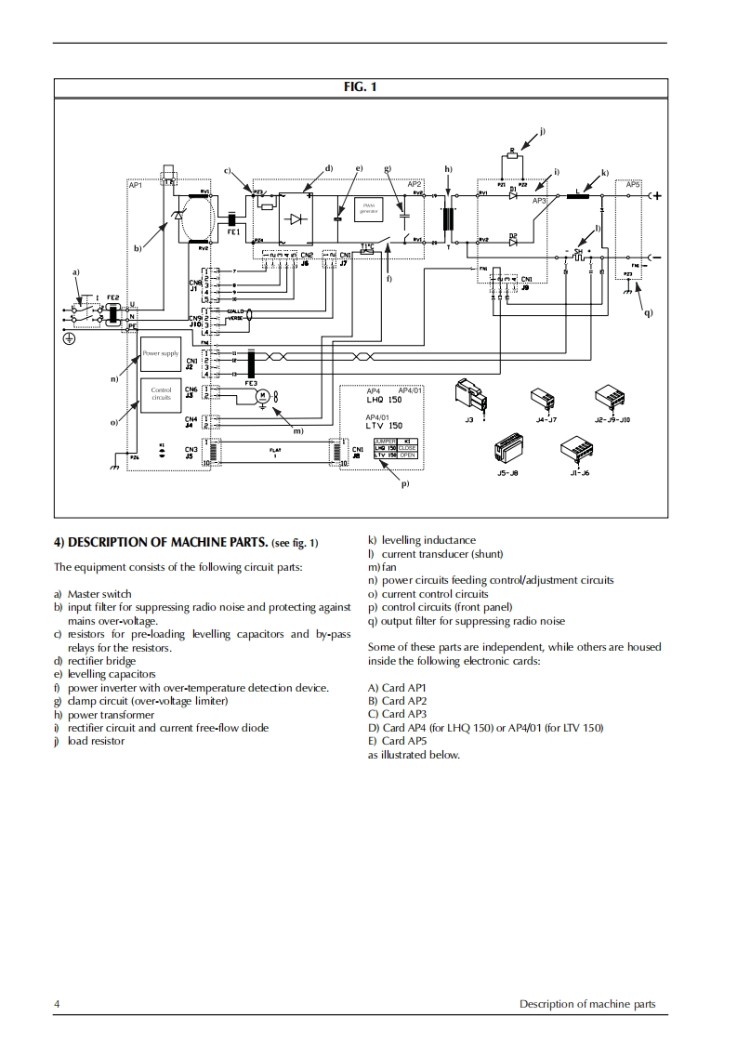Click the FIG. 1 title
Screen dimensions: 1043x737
click(361, 87)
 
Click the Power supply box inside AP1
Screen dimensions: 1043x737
click(161, 353)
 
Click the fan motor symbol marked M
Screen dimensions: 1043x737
click(262, 395)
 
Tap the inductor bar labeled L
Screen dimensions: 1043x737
click(585, 196)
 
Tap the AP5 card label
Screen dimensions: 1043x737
click(633, 185)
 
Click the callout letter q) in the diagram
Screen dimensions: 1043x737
click(648, 312)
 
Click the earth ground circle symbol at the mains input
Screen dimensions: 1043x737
click(69, 338)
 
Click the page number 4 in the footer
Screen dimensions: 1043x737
click(58, 1004)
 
